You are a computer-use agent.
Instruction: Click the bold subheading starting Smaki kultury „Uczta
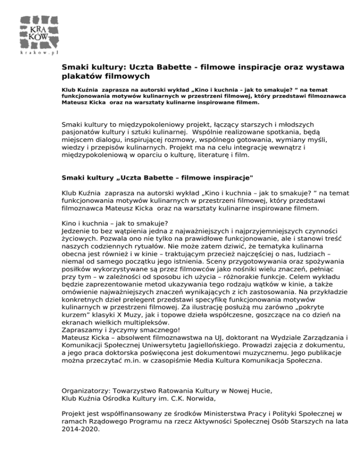tap(157, 178)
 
